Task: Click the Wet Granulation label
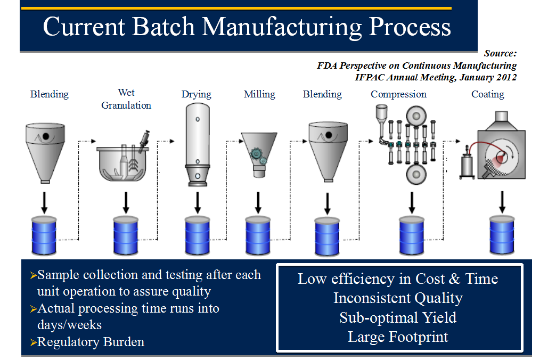click(x=126, y=99)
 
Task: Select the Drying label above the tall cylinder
click(x=197, y=94)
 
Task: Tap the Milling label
click(x=259, y=94)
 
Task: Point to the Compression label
click(x=398, y=94)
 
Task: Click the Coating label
click(x=487, y=94)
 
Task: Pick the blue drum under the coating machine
click(x=502, y=235)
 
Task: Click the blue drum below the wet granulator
click(x=126, y=236)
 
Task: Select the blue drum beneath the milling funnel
click(x=258, y=236)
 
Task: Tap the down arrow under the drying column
click(x=198, y=203)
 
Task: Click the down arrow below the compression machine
click(x=412, y=203)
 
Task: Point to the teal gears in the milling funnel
click(x=258, y=156)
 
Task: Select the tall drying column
click(x=198, y=144)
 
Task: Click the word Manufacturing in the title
click(x=282, y=27)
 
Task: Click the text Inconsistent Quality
click(x=398, y=298)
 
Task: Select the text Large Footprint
click(x=398, y=337)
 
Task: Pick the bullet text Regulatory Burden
click(x=91, y=342)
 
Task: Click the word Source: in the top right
click(x=500, y=54)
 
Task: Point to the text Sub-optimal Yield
click(x=398, y=318)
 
